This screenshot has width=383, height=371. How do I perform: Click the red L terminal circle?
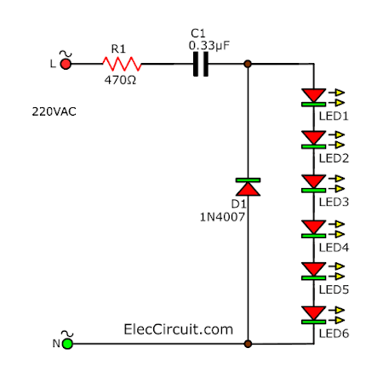tap(66, 64)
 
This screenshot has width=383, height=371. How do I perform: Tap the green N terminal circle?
tap(67, 344)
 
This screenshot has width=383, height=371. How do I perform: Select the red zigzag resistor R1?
tap(122, 64)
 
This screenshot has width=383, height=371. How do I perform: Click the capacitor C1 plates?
tap(201, 64)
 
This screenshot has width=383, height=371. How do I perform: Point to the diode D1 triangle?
tap(248, 189)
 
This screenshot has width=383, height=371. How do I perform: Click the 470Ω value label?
tap(120, 80)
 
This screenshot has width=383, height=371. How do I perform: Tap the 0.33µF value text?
tap(209, 46)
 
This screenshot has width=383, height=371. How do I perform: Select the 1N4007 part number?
tap(222, 217)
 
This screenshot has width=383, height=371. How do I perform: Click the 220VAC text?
tap(54, 111)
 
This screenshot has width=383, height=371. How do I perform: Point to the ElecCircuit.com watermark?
tap(178, 329)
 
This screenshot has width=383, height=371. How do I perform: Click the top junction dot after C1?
tap(248, 64)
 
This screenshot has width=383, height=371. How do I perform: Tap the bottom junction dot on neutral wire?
tap(248, 344)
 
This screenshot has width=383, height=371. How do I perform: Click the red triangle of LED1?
tap(313, 95)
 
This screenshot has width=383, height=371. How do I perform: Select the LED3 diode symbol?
tap(313, 184)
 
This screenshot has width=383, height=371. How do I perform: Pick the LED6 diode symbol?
tap(313, 315)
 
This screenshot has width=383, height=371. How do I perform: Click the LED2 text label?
tap(334, 158)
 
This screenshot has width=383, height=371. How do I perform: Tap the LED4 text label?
tap(334, 248)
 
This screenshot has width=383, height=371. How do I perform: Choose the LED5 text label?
tap(334, 289)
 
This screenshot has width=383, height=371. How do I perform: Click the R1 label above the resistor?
tap(118, 49)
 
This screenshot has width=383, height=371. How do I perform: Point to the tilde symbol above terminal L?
tap(66, 54)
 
